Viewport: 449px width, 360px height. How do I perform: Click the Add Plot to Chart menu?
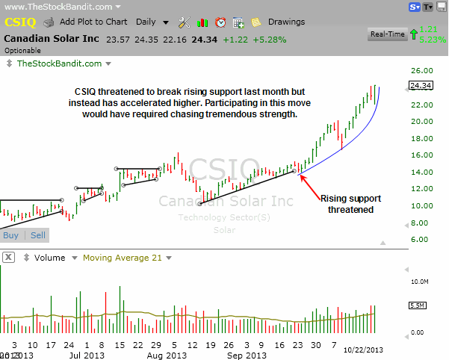click(x=93, y=22)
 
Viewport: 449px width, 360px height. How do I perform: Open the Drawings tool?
click(x=286, y=22)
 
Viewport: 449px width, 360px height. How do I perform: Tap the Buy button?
click(x=11, y=235)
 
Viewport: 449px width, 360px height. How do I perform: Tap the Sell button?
click(x=37, y=235)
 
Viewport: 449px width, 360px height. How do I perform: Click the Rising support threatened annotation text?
click(x=347, y=204)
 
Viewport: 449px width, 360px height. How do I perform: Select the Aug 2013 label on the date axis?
click(x=187, y=356)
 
